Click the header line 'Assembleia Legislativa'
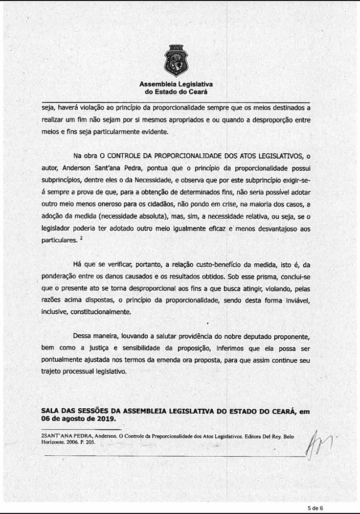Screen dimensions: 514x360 [176, 85]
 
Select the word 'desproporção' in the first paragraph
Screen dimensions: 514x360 [276, 119]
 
